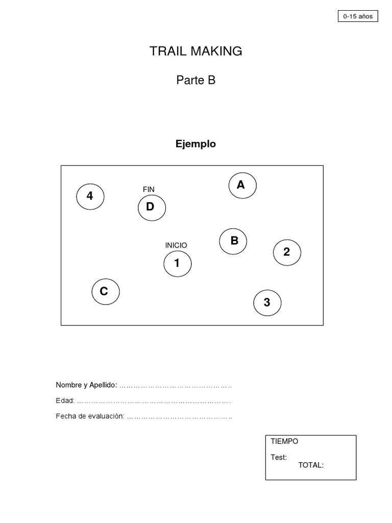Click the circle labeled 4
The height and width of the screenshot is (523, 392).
(90, 196)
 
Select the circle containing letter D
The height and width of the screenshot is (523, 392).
(152, 207)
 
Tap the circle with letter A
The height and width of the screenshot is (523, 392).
(242, 185)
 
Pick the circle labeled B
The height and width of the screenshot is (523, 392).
(233, 241)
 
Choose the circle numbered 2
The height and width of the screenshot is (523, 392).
(287, 252)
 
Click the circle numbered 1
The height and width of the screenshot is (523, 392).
(177, 264)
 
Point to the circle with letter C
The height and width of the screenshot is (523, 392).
(106, 292)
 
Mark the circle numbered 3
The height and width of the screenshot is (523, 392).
(267, 303)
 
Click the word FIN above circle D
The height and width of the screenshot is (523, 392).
(149, 189)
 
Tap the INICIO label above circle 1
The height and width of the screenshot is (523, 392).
(176, 246)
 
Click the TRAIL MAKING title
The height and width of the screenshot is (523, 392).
(196, 51)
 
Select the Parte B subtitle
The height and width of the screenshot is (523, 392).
(196, 80)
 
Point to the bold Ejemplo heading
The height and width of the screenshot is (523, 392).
(195, 144)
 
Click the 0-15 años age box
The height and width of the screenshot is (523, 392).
(358, 16)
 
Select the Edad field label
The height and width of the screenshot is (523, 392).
(65, 400)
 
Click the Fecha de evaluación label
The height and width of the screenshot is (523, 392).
(90, 416)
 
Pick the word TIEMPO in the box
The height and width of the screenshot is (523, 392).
(285, 442)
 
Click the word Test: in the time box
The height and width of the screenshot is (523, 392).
(279, 457)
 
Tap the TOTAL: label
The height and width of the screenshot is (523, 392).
(311, 465)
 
